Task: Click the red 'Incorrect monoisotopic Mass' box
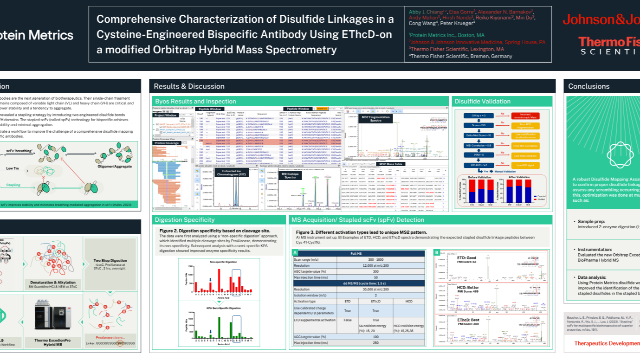[525, 116]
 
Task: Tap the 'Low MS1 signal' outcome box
[525, 166]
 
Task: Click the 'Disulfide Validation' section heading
[476, 101]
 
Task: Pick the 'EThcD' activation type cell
[375, 301]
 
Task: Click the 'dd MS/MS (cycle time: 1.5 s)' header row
[359, 283]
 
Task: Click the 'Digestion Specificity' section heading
[185, 219]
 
